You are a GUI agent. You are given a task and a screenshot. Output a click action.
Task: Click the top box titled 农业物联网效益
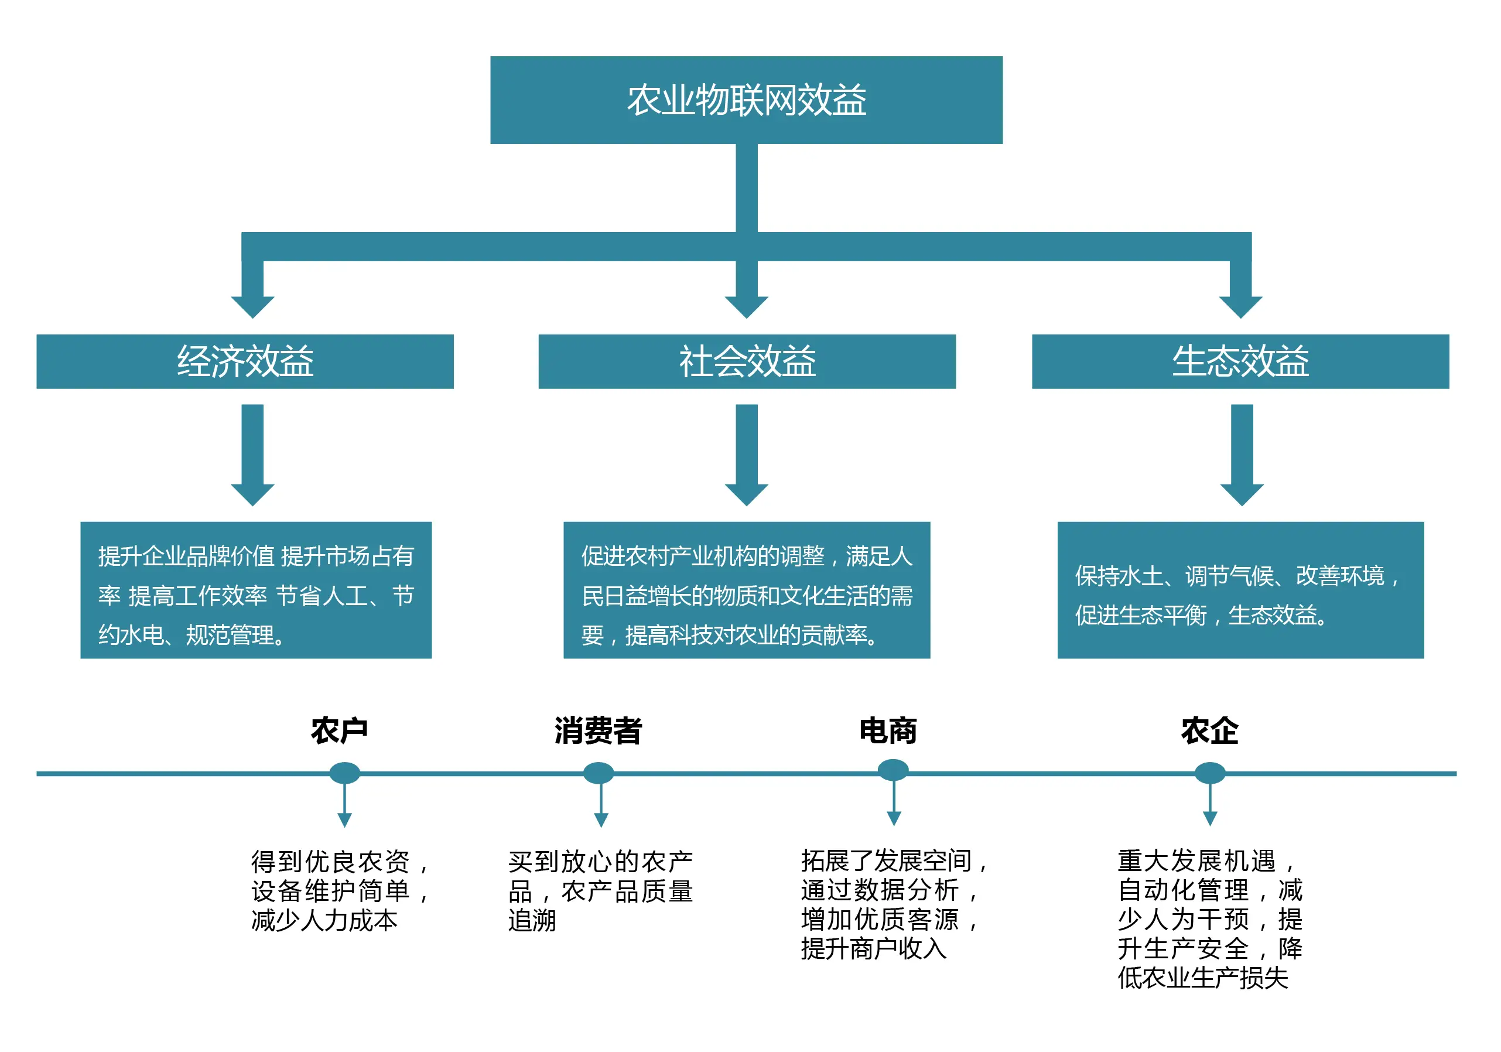coord(746,100)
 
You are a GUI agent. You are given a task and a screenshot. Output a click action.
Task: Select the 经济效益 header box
coord(245,361)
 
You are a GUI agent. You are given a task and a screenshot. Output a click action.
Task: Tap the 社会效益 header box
coord(747,361)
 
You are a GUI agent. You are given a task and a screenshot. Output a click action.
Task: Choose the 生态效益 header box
coord(1240,361)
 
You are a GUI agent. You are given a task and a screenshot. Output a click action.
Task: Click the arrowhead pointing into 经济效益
coord(252,305)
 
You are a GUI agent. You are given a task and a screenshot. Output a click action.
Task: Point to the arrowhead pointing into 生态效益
coord(1240,305)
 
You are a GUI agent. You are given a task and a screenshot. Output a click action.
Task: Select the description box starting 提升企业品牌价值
coord(255,590)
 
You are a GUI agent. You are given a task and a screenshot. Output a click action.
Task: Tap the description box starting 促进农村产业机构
coord(747,590)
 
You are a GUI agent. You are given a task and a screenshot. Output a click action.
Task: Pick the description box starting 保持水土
coord(1240,590)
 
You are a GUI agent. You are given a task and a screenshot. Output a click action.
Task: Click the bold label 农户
coord(339,730)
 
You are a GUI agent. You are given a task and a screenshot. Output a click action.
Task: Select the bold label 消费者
coord(598,730)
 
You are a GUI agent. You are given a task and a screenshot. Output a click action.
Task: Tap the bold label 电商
coord(888,730)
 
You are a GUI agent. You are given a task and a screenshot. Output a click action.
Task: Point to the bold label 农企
coord(1209,730)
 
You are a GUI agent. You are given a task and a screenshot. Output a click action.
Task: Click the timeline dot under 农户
coord(344,773)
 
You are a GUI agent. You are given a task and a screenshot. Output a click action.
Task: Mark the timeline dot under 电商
coord(893,770)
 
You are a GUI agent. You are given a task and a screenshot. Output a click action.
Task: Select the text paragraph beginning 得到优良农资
coord(340,890)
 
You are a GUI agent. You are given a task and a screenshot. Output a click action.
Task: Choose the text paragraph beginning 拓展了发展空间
coord(893,904)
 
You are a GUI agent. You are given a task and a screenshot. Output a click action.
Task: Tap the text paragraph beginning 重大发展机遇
coord(1209,918)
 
